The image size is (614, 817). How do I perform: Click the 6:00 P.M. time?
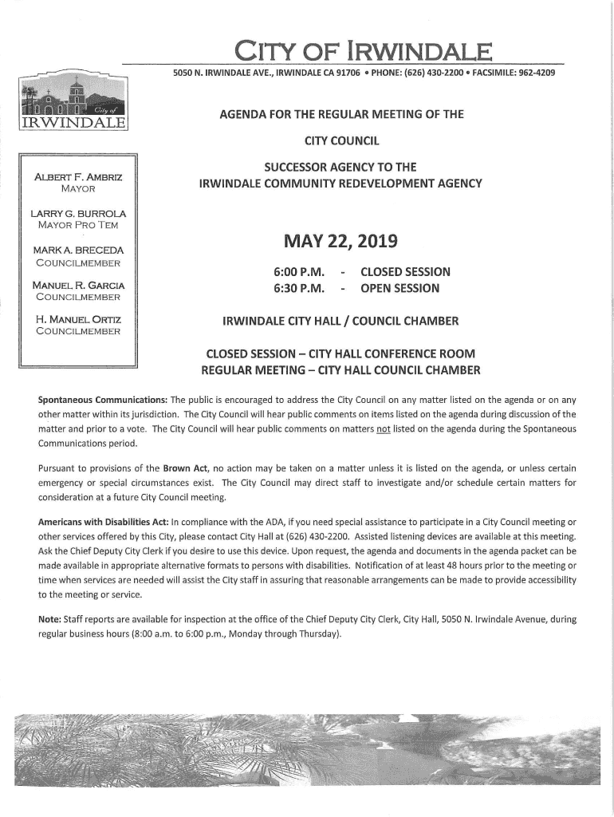click(x=301, y=272)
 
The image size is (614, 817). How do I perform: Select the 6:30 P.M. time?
click(x=301, y=288)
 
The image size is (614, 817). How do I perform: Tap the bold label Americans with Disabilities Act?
click(x=104, y=522)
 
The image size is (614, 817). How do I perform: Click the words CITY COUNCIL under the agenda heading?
click(x=340, y=141)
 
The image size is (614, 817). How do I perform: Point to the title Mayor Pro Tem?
click(x=77, y=225)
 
